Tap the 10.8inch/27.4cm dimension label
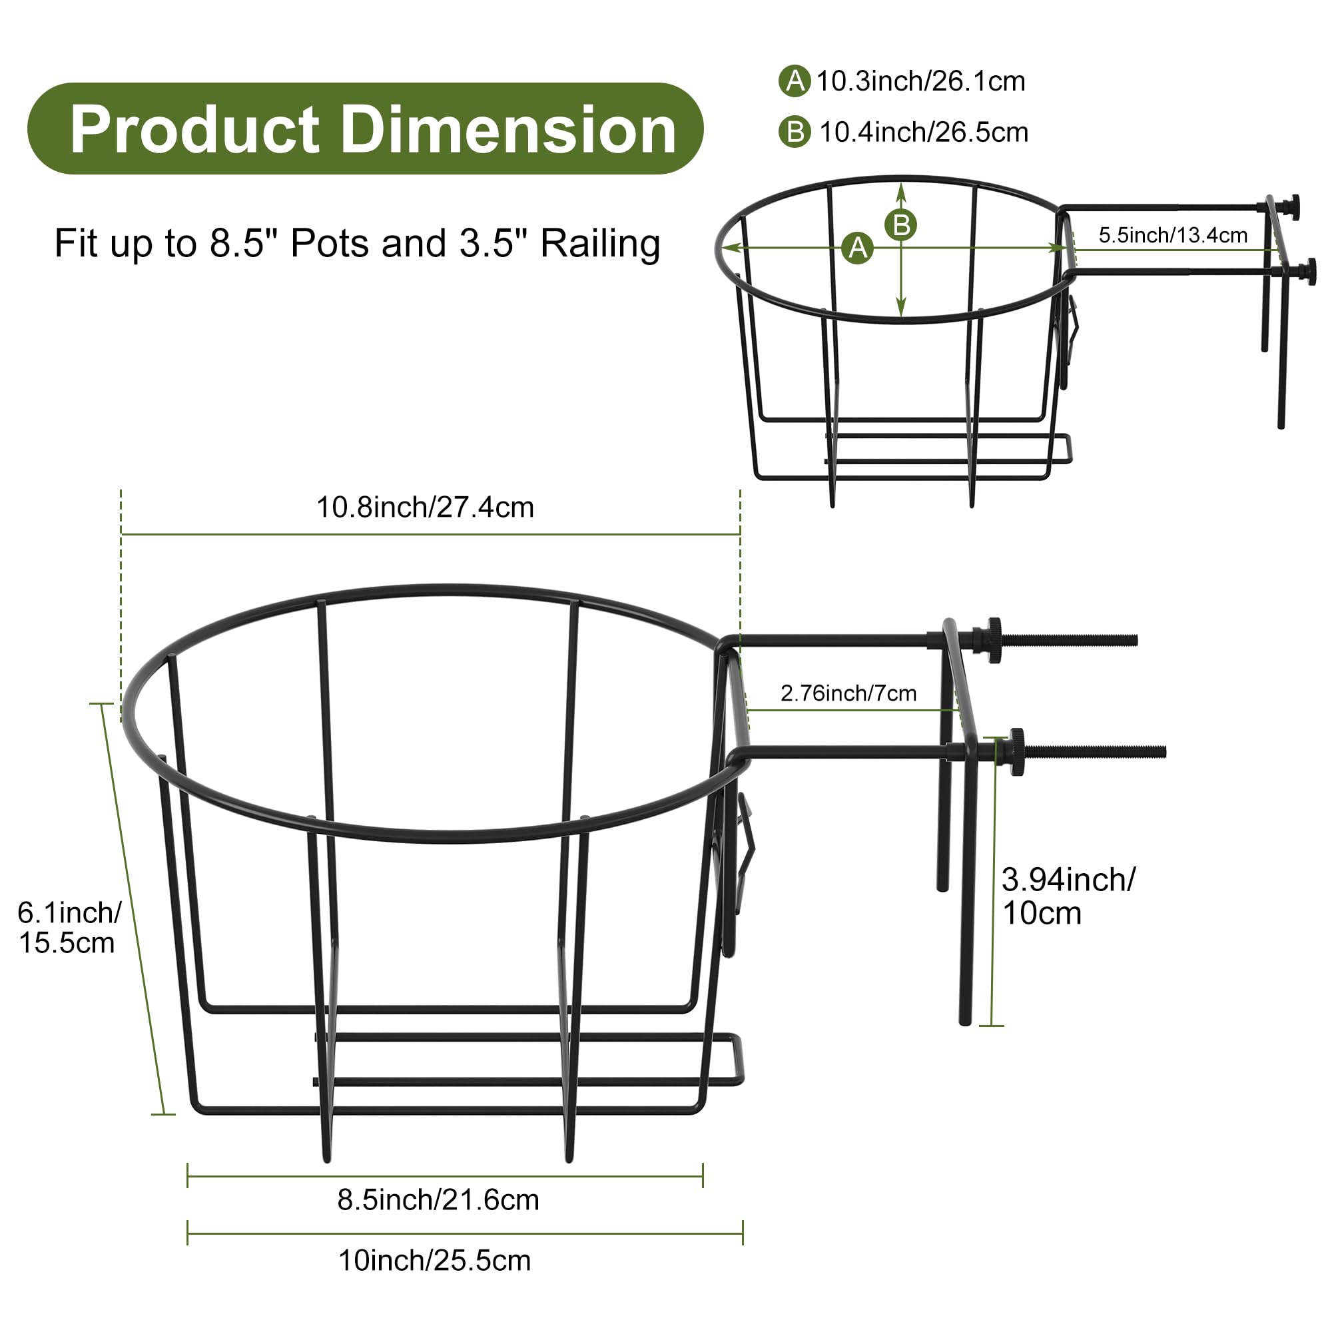(425, 507)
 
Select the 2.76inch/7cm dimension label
(848, 693)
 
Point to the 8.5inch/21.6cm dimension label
(438, 1200)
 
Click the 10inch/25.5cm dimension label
(434, 1261)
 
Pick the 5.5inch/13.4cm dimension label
(1173, 235)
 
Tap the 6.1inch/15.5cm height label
(69, 927)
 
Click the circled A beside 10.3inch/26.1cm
(795, 81)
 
